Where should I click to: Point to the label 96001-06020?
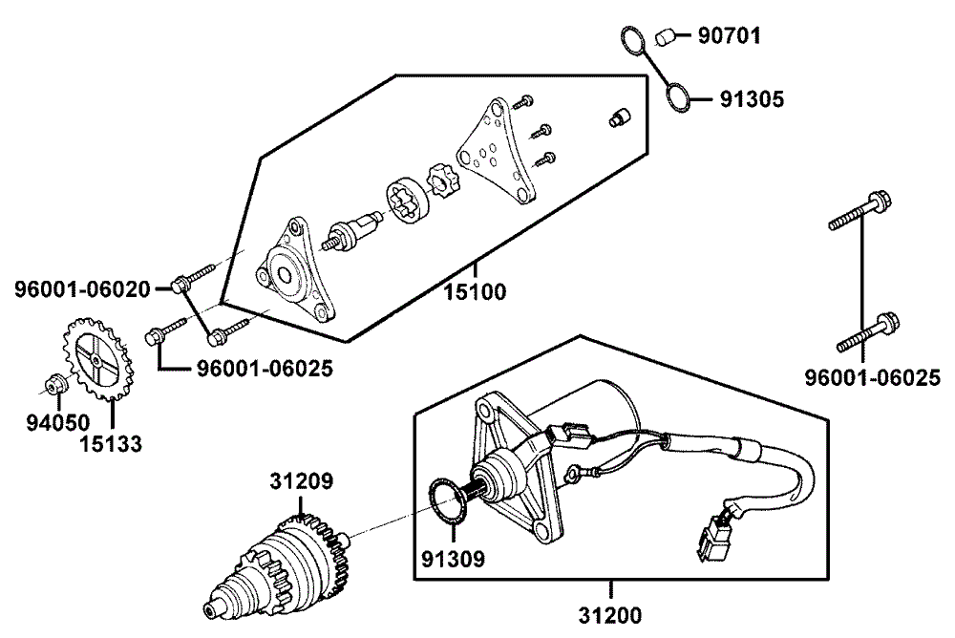82,287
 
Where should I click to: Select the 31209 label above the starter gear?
301,482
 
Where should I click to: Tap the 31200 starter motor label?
608,616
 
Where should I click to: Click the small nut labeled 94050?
55,385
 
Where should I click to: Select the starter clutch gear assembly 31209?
277,568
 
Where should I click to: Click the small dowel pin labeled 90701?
666,38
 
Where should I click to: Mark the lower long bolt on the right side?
867,333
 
